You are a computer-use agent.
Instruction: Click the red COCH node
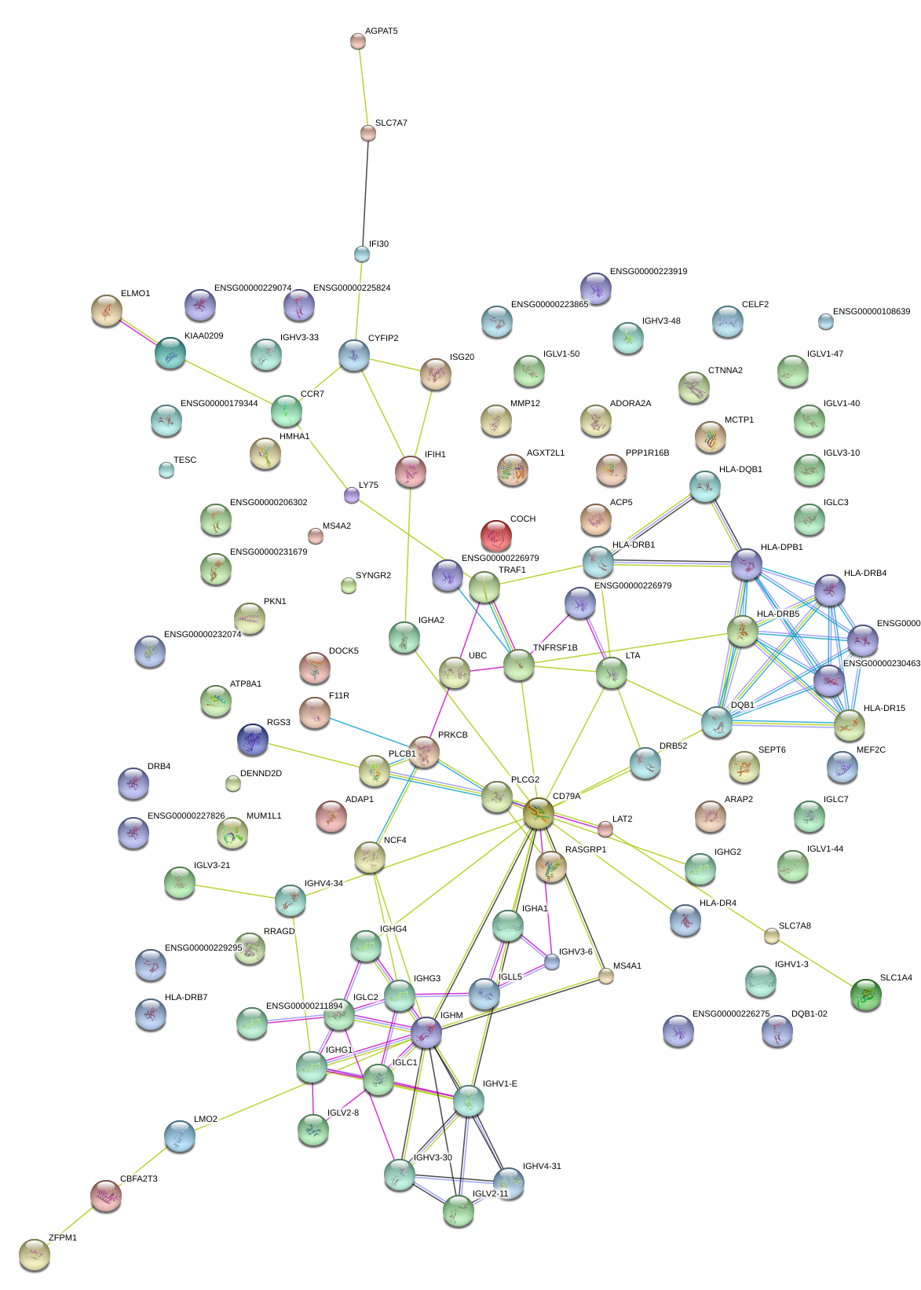point(495,536)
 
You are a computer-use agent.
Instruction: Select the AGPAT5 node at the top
point(357,41)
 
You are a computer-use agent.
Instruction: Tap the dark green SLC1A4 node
point(865,995)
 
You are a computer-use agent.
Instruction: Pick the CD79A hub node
point(539,813)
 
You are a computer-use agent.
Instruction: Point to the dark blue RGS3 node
point(252,739)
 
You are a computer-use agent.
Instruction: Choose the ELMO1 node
point(106,310)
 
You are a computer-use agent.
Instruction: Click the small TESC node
point(166,470)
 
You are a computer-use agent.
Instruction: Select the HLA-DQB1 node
point(704,487)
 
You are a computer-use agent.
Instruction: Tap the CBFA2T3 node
point(105,1196)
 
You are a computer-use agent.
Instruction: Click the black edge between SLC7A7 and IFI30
point(364,192)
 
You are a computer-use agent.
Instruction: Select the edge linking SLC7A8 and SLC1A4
point(817,964)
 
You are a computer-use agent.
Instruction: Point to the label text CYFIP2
point(383,339)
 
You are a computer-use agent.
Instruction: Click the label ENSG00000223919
point(649,272)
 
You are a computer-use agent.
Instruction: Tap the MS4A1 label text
point(627,966)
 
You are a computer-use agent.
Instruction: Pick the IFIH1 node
point(410,471)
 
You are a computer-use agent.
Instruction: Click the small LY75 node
point(352,495)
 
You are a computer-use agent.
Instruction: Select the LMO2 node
point(179,1136)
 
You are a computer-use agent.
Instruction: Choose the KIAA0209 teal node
point(170,353)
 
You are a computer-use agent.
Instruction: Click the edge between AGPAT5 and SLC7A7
point(363,86)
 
